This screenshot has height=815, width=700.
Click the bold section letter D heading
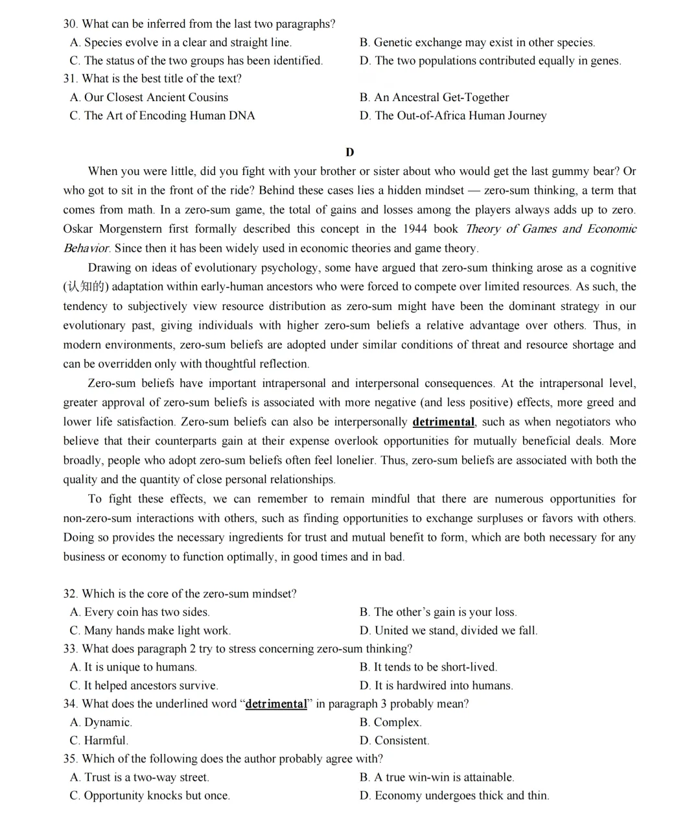click(x=350, y=152)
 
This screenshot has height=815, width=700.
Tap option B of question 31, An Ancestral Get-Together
click(x=434, y=97)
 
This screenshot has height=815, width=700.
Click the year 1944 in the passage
click(x=415, y=229)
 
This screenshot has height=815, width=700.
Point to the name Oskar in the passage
click(x=78, y=229)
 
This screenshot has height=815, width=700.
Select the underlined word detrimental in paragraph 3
click(x=443, y=422)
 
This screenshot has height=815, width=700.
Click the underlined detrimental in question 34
click(x=276, y=704)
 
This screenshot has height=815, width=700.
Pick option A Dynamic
click(x=101, y=722)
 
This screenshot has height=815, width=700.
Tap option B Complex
click(x=391, y=722)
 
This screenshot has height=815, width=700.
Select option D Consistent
click(x=395, y=740)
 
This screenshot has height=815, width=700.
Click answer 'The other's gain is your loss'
click(x=438, y=612)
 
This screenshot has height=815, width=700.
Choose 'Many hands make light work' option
click(x=150, y=630)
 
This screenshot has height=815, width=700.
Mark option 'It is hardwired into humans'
click(x=436, y=685)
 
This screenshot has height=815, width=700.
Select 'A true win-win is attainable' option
click(x=437, y=777)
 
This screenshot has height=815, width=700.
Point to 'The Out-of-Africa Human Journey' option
click(x=453, y=115)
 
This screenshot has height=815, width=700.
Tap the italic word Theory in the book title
click(x=483, y=229)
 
